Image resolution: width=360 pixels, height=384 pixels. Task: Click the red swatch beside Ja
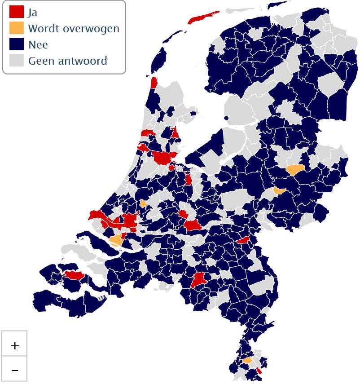coord(17,12)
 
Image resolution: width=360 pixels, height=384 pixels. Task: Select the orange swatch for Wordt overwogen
coord(17,28)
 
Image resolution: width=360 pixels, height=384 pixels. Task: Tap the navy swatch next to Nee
coord(17,44)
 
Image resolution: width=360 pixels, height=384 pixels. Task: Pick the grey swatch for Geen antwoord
coord(17,60)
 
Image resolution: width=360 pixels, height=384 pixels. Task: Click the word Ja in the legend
coord(33,12)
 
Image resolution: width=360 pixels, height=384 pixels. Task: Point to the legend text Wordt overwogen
coord(74,28)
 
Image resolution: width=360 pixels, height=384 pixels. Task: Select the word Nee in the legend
coord(38,44)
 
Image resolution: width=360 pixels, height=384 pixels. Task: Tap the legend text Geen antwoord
coord(67,61)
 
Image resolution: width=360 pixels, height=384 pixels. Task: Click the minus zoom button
coord(15,369)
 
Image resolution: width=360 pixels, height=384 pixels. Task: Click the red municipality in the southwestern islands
coord(73,275)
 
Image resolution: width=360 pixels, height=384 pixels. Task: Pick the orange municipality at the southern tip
coord(247,360)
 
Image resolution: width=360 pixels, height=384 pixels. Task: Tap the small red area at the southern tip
coord(259,371)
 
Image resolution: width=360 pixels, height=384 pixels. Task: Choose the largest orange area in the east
coord(294,170)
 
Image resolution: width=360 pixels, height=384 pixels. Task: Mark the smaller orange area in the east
coord(279,191)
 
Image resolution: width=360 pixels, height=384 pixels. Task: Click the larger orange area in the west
coord(117,240)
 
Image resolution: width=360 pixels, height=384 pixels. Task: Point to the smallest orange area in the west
coord(143,203)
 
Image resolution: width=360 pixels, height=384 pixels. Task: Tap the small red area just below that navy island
coord(154,83)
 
